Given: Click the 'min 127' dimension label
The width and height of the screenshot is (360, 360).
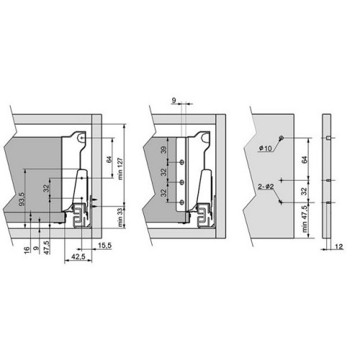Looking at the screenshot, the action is coord(120,168).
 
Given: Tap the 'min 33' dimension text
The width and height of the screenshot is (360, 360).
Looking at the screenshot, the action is coord(120,217).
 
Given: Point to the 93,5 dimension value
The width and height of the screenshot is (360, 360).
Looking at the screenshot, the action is coord(22,199).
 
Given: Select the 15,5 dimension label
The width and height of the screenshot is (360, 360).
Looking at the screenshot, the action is coord(105,246).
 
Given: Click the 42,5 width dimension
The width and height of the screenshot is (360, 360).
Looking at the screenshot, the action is coord(78,256).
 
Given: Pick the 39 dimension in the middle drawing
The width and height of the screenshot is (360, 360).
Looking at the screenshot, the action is coord(163,150).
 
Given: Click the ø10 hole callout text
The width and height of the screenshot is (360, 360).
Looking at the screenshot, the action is coord(265,148).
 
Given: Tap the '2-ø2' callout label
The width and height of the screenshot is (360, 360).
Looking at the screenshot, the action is coord(266,186).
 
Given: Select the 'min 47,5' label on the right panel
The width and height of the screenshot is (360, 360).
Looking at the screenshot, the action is coord(305,219).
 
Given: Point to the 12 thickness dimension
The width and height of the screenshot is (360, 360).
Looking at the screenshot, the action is coord(339,246).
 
